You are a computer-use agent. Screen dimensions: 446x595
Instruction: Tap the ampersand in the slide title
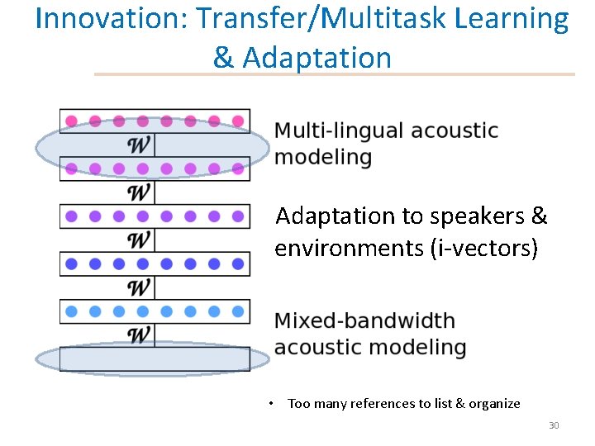(222, 58)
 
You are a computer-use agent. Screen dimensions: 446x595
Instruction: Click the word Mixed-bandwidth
(364, 320)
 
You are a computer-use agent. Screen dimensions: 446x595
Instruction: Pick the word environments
(350, 248)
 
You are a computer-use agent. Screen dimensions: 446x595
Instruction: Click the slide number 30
(554, 425)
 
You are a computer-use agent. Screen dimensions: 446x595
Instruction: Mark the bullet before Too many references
(270, 404)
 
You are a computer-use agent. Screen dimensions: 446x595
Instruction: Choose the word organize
(494, 404)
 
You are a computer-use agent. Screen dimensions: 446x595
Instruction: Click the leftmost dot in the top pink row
(71, 121)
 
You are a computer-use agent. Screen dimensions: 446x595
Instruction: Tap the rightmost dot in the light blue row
(238, 311)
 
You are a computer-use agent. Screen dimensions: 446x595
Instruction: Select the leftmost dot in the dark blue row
(71, 264)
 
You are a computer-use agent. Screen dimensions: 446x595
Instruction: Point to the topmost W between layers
(140, 145)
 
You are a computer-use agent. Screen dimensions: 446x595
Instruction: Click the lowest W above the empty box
(140, 334)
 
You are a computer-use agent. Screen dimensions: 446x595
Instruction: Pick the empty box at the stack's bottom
(155, 358)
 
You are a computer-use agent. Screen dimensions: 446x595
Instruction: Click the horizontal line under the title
(334, 74)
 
